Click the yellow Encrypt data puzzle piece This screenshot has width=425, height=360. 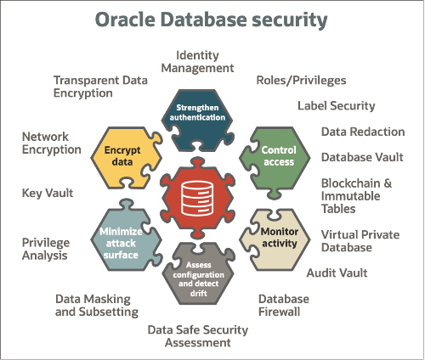pos(122,155)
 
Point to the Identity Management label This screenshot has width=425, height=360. pos(196,61)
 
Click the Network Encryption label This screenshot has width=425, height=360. pos(51,143)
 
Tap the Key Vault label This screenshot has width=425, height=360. pos(48,193)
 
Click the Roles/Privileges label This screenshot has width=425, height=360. pos(301,81)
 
